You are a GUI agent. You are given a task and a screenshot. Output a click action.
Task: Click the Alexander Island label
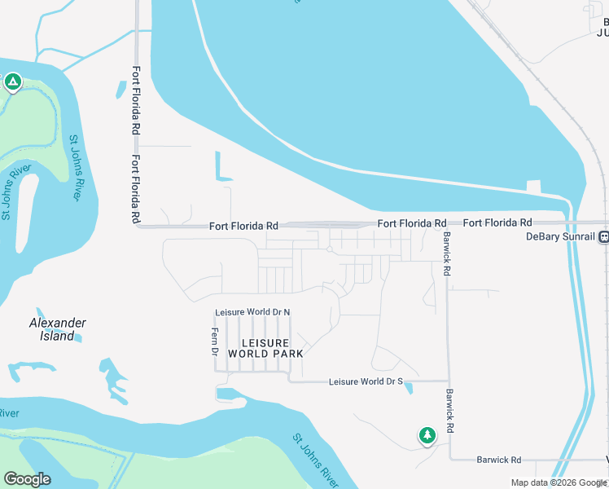coord(57,329)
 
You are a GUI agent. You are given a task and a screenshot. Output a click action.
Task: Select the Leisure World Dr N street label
coord(252,312)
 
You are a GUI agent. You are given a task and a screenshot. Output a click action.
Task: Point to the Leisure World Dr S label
coord(366,381)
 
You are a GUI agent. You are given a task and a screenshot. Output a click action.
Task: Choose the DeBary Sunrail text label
coord(559,237)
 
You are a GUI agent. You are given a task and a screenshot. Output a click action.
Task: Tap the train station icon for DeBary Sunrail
coord(603,237)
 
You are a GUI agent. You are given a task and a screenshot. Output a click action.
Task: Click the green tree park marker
coord(427,436)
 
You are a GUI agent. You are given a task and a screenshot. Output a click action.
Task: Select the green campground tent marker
coord(12,81)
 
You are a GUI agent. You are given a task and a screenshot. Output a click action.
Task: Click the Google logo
coord(27,479)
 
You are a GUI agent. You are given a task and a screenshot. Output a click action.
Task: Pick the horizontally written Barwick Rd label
coord(498,460)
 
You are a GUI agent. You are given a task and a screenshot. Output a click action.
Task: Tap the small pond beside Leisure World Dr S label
coord(409,387)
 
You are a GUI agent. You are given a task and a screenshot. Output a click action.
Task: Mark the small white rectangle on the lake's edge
coord(533,185)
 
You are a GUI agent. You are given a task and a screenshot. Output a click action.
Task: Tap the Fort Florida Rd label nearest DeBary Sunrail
coord(497,222)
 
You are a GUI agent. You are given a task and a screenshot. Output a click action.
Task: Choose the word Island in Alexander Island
coord(57,336)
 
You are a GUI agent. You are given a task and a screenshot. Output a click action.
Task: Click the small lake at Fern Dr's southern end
coord(228,394)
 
